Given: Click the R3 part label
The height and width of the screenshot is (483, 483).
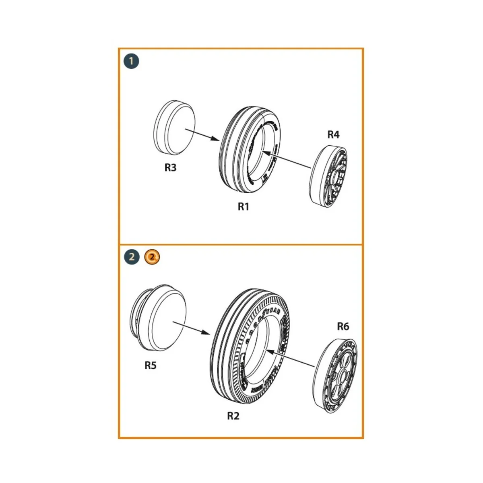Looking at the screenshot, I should pos(170,167).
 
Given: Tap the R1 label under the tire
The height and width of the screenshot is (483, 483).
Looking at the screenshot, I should pos(244,206).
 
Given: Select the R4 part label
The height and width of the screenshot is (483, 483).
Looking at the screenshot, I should pos(333,135).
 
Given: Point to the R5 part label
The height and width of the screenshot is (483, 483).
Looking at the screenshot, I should pos(150,365).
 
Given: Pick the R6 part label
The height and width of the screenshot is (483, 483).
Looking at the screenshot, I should pos(343,326).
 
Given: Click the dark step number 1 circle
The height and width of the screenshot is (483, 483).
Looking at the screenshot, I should pos(132,62).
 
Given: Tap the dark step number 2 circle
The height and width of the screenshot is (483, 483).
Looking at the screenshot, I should pos(132,257).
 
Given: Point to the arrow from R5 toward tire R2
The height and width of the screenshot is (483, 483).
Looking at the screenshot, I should pos(192,327).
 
